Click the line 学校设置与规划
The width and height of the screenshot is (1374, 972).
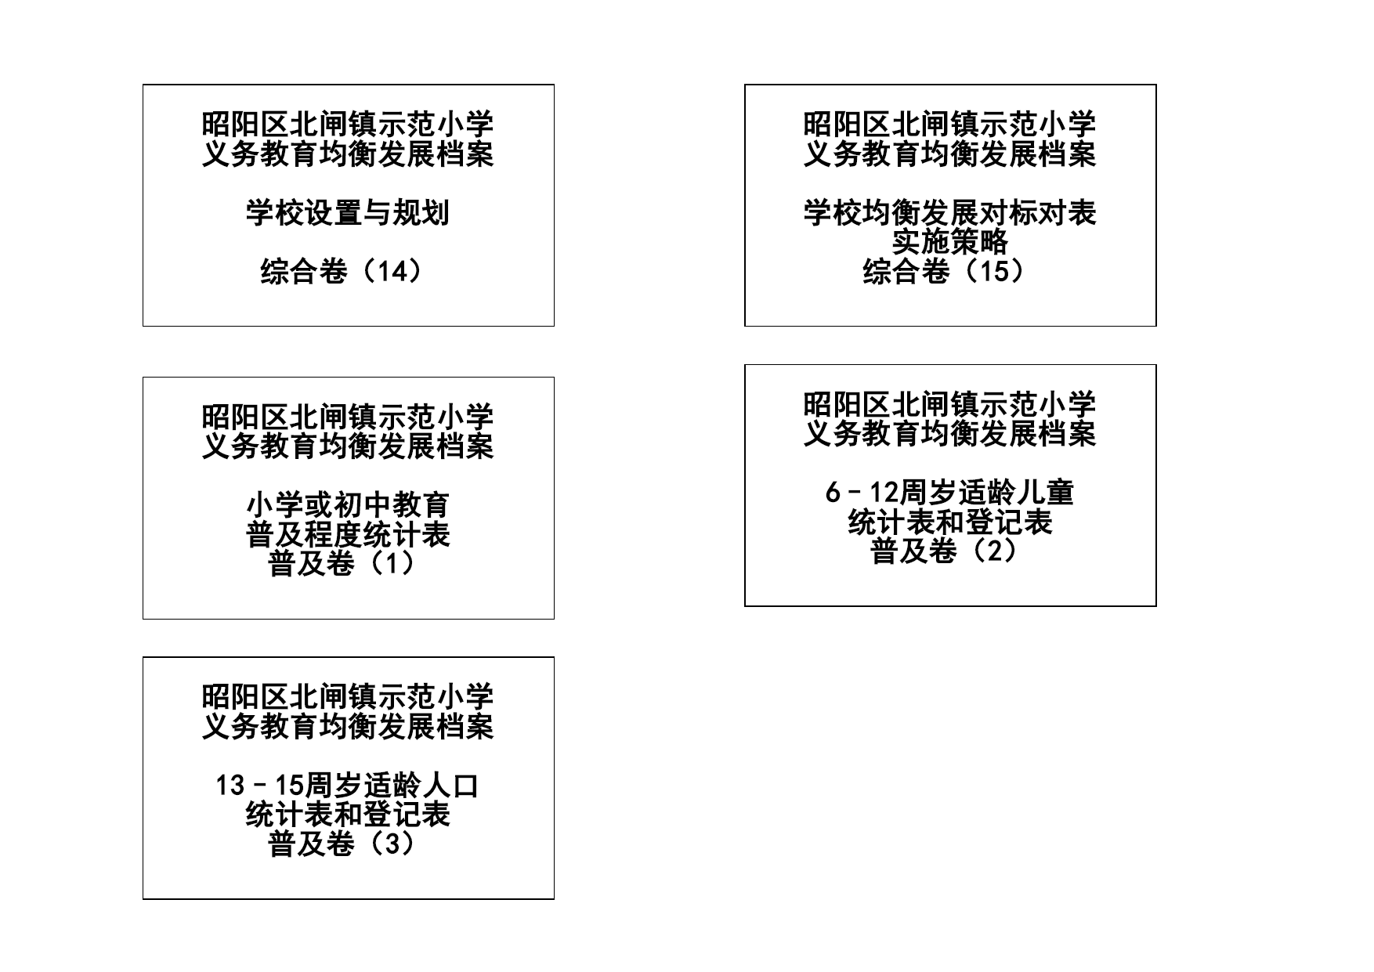[x=348, y=213]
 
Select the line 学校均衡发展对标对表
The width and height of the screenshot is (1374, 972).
[x=949, y=213]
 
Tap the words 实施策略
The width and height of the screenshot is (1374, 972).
[x=949, y=242]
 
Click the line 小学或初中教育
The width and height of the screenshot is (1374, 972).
[x=348, y=505]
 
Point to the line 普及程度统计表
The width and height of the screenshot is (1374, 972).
[x=348, y=535]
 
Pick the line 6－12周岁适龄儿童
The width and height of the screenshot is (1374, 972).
[x=949, y=493]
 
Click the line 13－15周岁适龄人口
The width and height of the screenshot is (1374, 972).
[x=348, y=786]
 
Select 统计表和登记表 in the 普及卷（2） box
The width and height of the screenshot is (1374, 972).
[x=949, y=522]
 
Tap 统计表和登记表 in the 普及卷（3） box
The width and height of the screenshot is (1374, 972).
[x=348, y=815]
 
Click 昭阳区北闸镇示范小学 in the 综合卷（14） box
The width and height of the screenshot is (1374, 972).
[x=348, y=125]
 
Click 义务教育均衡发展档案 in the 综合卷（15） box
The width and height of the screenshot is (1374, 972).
[x=949, y=154]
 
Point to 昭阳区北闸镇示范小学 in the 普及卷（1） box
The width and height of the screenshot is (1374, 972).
[x=348, y=417]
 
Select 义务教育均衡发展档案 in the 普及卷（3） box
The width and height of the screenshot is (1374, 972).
[x=348, y=727]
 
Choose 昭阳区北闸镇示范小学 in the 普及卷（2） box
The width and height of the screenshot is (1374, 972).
[x=949, y=405]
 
